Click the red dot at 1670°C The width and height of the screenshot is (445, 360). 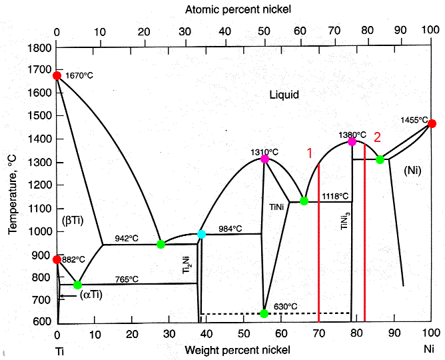coord(57,75)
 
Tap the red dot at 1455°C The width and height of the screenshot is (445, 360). coord(432,123)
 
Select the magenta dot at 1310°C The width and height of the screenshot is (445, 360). coord(264,159)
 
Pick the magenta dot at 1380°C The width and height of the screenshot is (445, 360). coord(352,141)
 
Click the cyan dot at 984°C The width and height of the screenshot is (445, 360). coord(201,234)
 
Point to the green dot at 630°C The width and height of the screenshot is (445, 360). coord(264,313)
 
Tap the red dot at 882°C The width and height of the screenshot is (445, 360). coord(57,259)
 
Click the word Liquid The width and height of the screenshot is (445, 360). coord(284,95)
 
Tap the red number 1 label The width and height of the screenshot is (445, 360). coord(309,153)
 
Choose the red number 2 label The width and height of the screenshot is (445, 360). coord(377,137)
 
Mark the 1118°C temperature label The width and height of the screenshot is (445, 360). coord(334,196)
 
